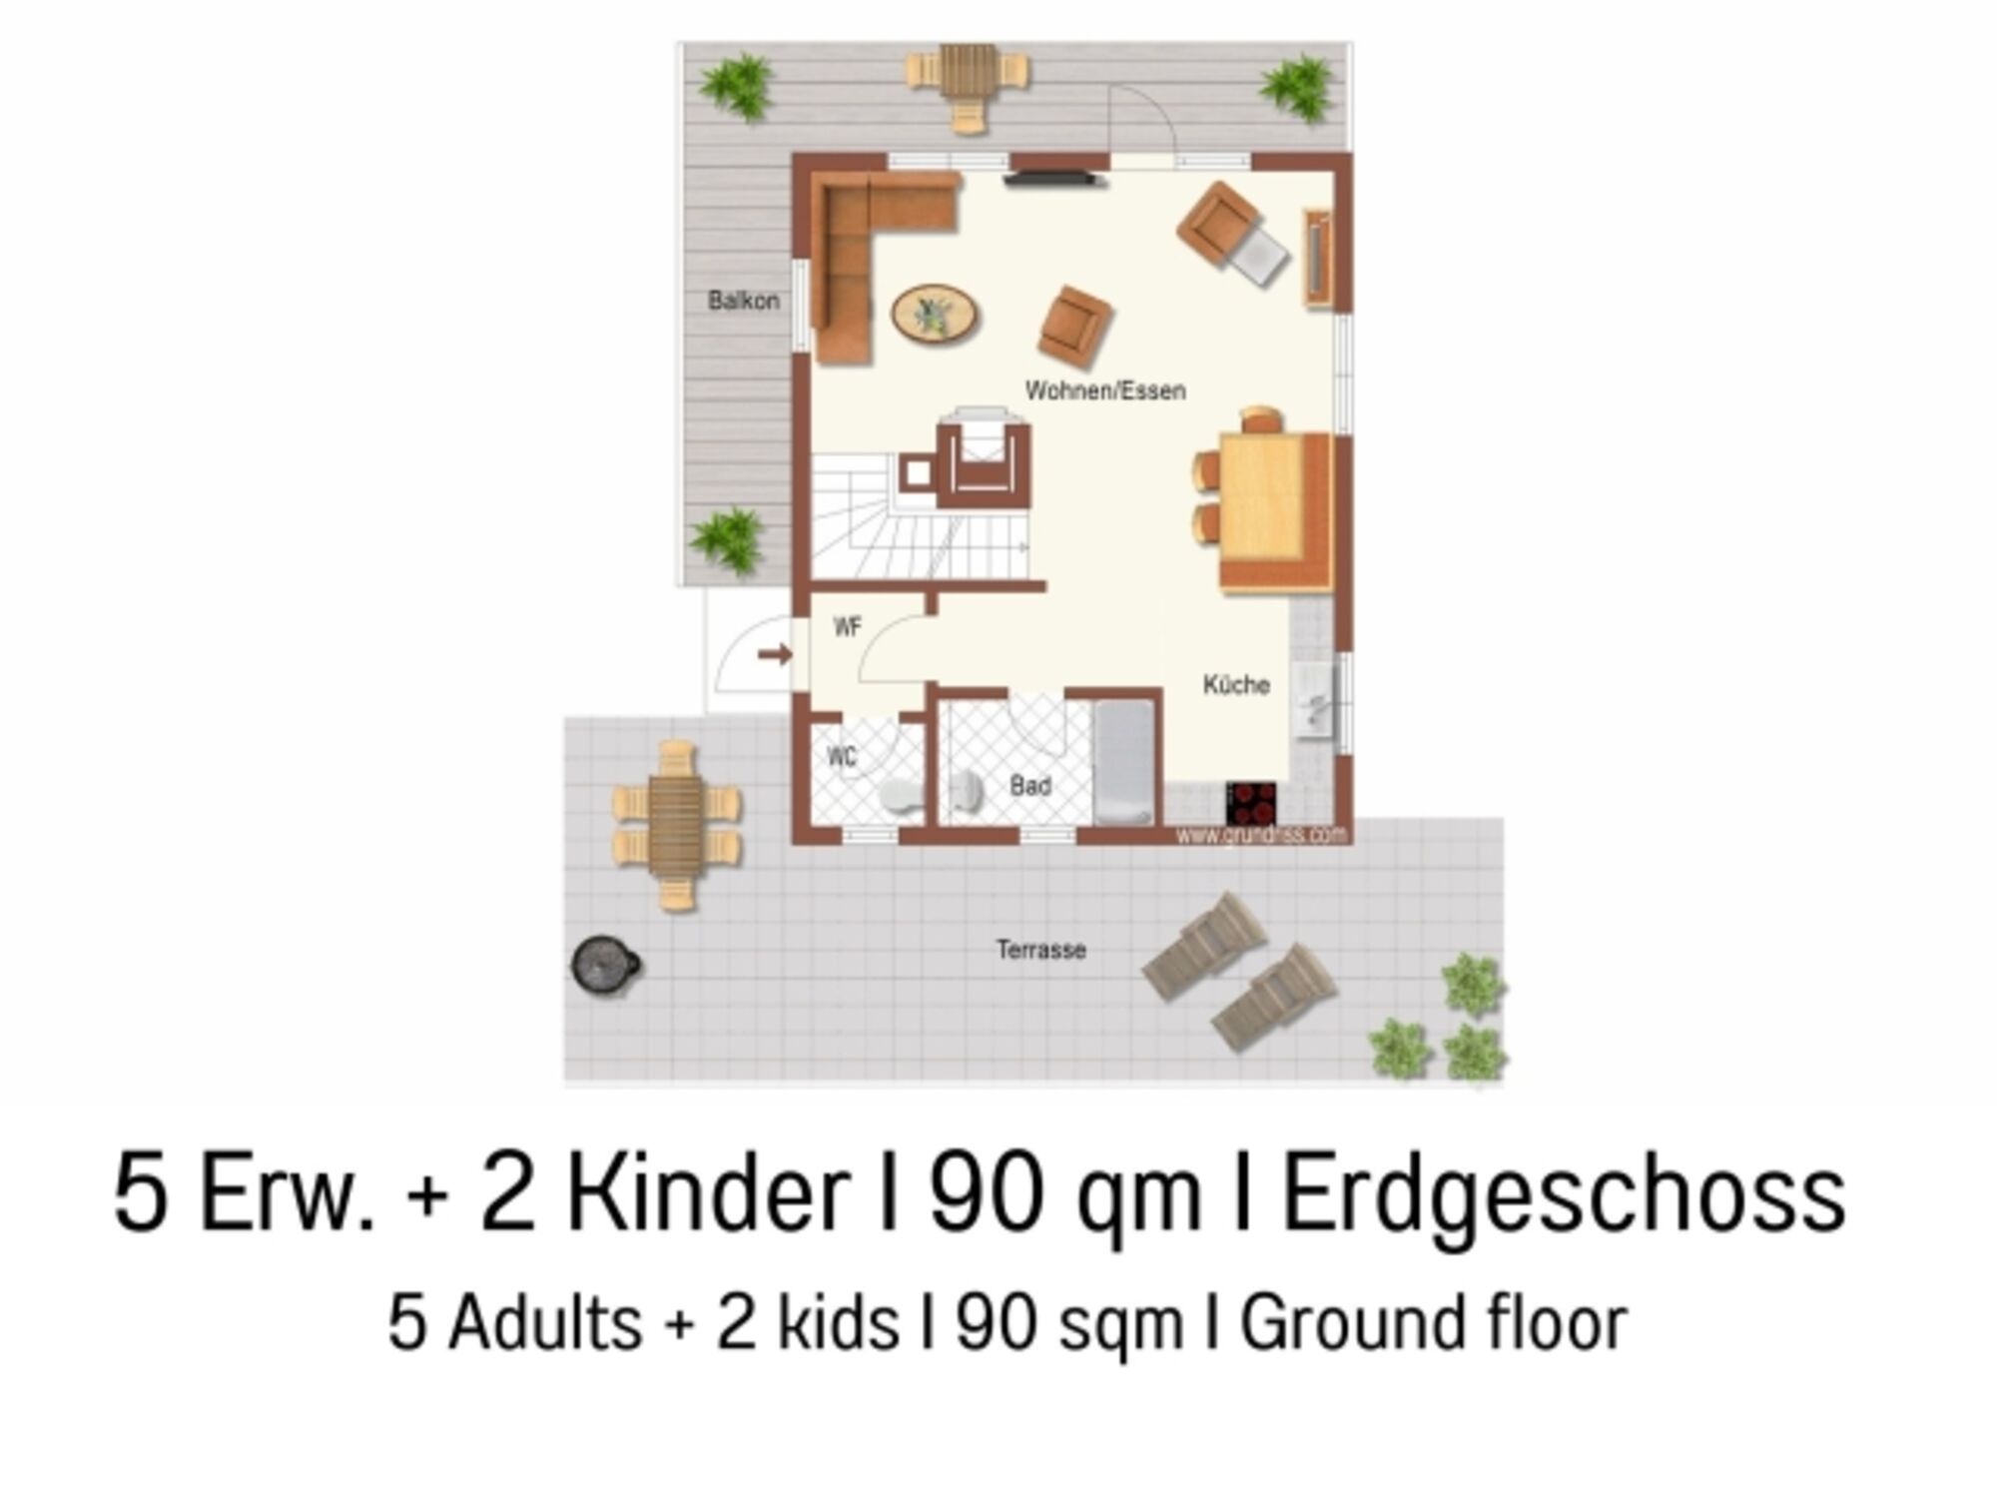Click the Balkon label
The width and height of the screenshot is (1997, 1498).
pyautogui.click(x=743, y=300)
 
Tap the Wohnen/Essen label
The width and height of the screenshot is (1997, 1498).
pyautogui.click(x=1105, y=389)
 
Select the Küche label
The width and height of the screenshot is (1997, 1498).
pyautogui.click(x=1236, y=684)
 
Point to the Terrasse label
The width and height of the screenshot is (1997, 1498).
pyautogui.click(x=1040, y=949)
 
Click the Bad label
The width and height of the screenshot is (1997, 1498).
pyautogui.click(x=1030, y=786)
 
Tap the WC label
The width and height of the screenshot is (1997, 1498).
pyautogui.click(x=842, y=757)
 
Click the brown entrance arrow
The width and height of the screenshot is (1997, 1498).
pyautogui.click(x=775, y=655)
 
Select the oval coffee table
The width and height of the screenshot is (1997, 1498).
pyautogui.click(x=935, y=314)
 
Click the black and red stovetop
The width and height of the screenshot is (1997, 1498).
pyautogui.click(x=1251, y=803)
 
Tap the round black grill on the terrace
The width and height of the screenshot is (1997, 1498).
pyautogui.click(x=604, y=965)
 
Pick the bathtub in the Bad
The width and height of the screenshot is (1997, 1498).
pyautogui.click(x=1124, y=762)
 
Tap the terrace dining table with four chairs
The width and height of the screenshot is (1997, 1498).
pyautogui.click(x=676, y=825)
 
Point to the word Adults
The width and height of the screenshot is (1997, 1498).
pyautogui.click(x=545, y=1322)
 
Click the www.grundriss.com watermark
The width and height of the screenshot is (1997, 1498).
pyautogui.click(x=1261, y=834)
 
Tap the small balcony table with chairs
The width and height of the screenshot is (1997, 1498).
pyautogui.click(x=968, y=85)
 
